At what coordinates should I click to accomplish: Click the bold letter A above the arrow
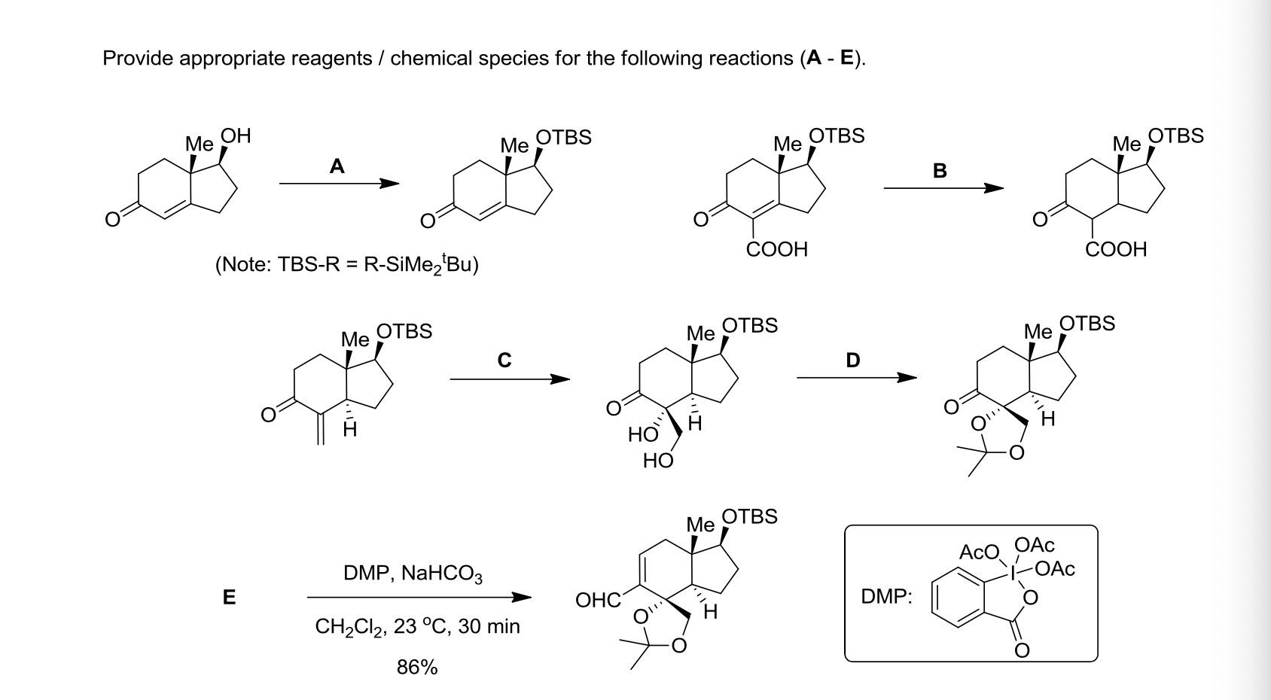click(337, 166)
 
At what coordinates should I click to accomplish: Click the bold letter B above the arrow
click(939, 171)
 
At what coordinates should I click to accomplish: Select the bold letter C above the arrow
click(504, 361)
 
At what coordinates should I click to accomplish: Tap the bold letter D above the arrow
click(852, 361)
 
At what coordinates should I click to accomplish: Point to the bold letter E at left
click(229, 598)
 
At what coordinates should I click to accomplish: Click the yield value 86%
click(417, 667)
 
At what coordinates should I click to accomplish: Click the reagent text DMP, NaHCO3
click(413, 574)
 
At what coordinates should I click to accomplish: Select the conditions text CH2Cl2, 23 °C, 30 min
click(417, 627)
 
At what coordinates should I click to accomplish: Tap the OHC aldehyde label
click(597, 600)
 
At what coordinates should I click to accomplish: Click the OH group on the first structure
click(236, 136)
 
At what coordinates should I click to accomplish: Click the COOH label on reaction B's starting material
click(776, 249)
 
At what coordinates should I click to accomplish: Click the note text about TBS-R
click(346, 264)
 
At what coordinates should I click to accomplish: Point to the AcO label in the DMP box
click(977, 553)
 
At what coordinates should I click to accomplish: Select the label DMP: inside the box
click(886, 597)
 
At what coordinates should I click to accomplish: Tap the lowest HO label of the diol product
click(657, 461)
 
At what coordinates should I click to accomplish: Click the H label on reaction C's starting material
click(350, 431)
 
